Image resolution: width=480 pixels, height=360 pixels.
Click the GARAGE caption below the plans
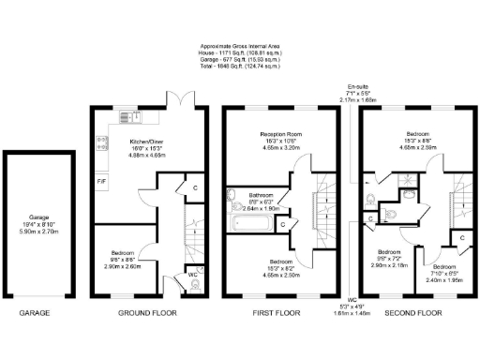[35, 312]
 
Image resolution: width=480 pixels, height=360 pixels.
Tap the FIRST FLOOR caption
[278, 312]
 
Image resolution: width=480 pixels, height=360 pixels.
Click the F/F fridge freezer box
[101, 180]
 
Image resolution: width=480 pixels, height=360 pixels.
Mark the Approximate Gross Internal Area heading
[240, 44]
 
